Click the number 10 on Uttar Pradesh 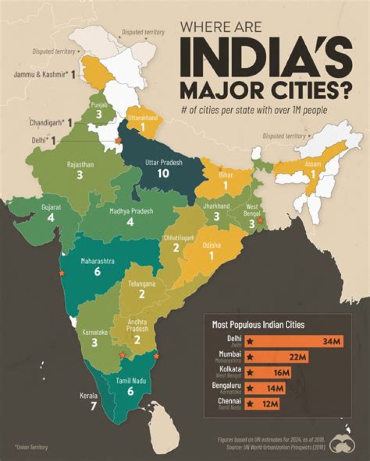[163, 173]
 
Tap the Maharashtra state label [97, 261]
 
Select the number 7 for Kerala [92, 407]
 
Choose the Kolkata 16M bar [268, 372]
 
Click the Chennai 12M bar [263, 404]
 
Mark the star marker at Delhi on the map [118, 141]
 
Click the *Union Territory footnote [31, 448]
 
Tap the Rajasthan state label [79, 165]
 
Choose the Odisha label [212, 246]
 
